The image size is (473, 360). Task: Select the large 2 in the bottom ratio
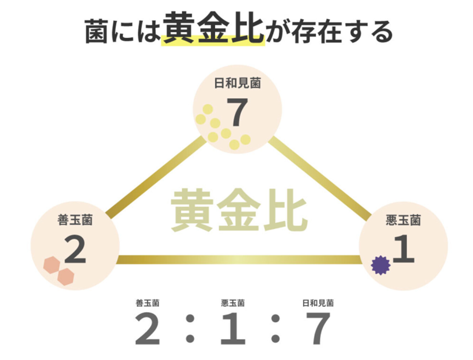click(148, 329)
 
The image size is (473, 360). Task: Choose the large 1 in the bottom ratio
click(232, 329)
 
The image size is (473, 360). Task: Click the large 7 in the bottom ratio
click(317, 329)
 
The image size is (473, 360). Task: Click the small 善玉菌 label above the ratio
click(148, 304)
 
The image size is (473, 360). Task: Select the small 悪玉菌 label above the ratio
click(232, 304)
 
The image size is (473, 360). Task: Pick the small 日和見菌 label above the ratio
click(318, 304)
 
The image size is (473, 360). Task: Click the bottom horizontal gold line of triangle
click(239, 260)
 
